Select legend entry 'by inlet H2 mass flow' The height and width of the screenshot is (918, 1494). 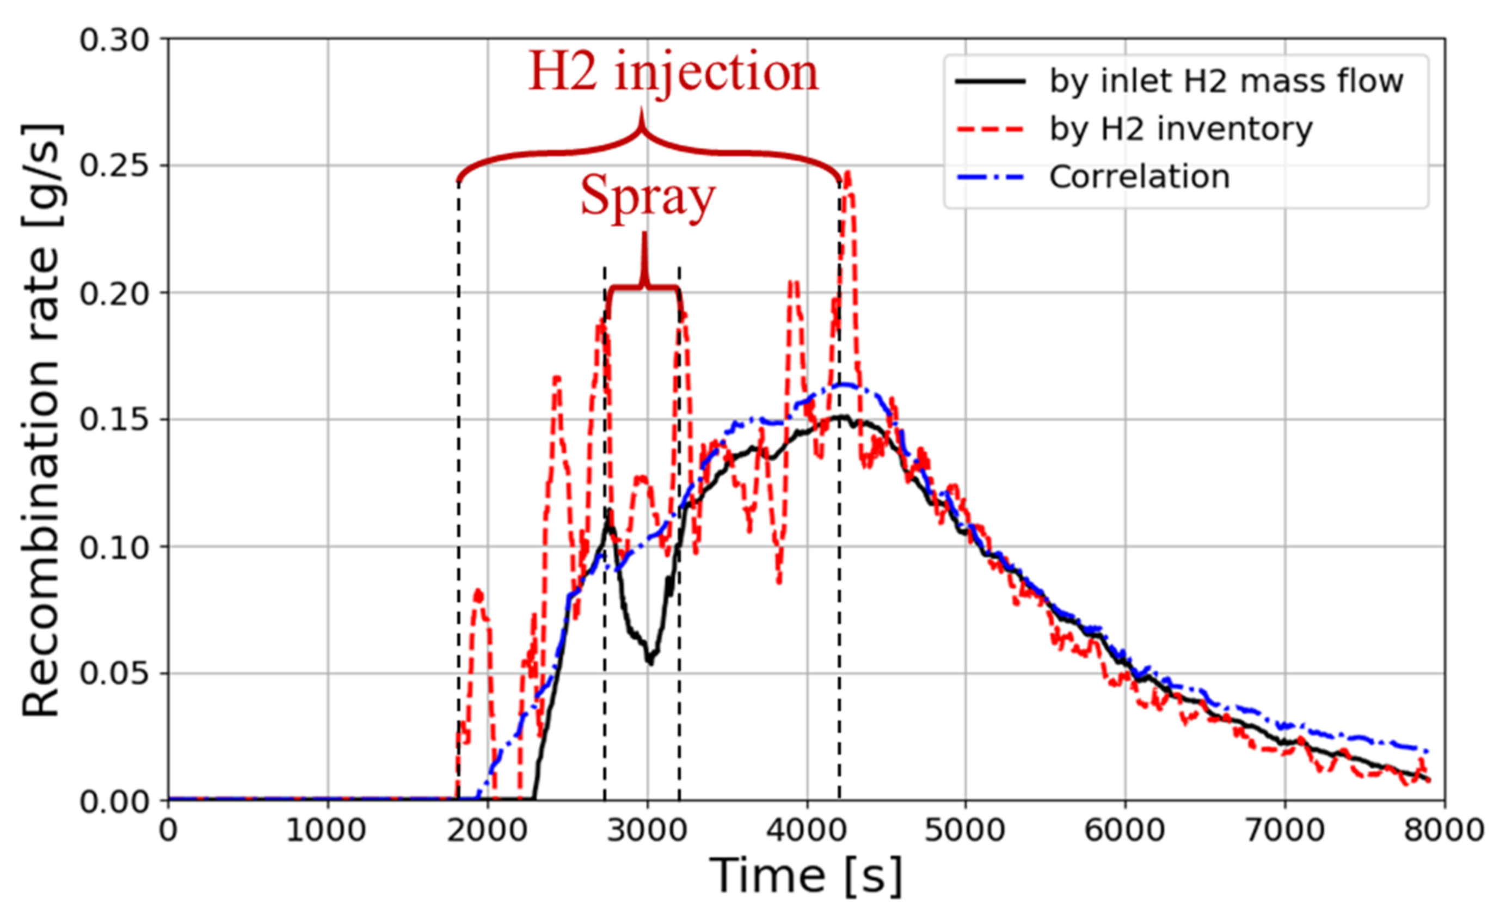(1226, 81)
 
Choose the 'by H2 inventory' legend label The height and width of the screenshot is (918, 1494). (1181, 128)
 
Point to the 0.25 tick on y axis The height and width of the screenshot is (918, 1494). (115, 165)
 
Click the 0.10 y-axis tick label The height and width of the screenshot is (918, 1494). (115, 547)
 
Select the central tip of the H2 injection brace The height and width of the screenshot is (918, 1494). (642, 109)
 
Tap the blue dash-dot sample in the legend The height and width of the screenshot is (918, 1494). (991, 178)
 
